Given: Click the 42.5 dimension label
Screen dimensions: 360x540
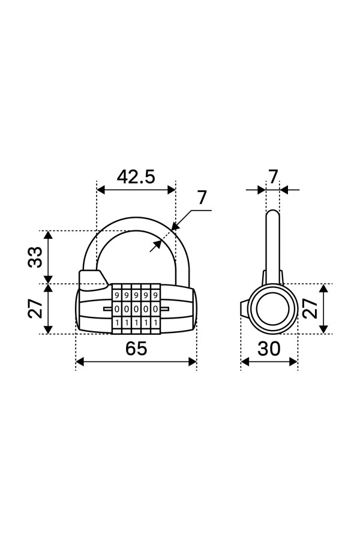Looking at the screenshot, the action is click(136, 177).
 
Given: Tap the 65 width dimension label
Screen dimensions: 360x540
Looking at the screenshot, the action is click(136, 348).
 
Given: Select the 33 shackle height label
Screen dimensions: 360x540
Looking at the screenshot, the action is click(35, 257).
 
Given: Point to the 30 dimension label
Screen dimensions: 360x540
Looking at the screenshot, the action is click(269, 349).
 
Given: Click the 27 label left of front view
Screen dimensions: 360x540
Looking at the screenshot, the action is click(35, 308).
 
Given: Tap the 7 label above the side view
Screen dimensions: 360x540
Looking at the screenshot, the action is click(273, 177).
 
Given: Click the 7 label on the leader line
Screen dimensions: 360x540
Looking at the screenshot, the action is click(202, 197).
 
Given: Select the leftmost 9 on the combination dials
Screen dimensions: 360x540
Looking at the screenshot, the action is click(117, 295).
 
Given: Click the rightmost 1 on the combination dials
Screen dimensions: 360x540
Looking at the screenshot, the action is click(155, 323).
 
